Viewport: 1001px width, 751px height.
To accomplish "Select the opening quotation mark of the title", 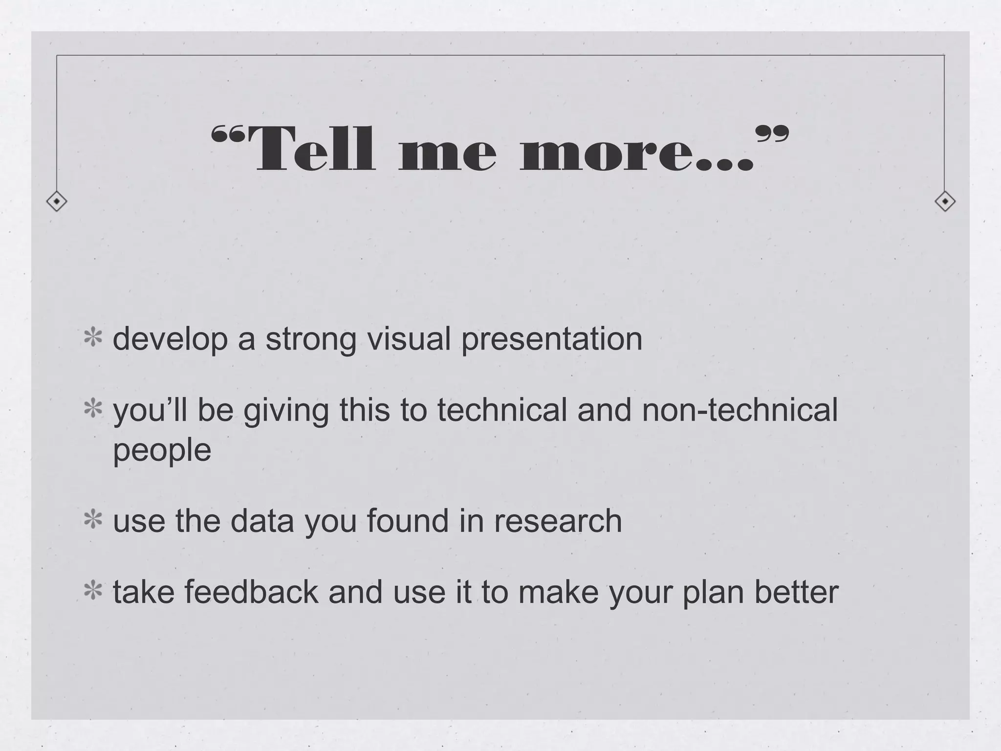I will coord(227,134).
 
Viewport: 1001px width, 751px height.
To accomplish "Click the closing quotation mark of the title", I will coord(772,134).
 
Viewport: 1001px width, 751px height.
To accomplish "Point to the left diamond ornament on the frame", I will coord(57,201).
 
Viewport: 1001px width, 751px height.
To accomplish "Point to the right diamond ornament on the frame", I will coord(945,201).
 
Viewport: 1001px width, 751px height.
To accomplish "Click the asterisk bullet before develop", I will coord(93,339).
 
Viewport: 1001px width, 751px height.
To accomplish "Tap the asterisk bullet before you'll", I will coord(93,410).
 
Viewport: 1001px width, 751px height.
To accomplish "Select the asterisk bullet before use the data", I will coord(93,521).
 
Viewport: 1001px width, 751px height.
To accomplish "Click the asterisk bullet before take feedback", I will coord(93,592).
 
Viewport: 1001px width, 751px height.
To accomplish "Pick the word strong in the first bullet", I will coord(311,340).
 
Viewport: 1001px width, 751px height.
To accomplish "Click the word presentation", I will coord(552,340).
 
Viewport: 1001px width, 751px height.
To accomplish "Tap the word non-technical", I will coord(740,410).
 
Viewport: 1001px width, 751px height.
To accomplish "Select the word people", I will coord(162,451).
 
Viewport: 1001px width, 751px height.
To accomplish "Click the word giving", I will coord(286,411).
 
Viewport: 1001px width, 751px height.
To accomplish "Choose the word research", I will coord(558,521).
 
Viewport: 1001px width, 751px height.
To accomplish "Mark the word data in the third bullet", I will coord(262,521).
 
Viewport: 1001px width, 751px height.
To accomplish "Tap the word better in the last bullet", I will coord(796,592).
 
